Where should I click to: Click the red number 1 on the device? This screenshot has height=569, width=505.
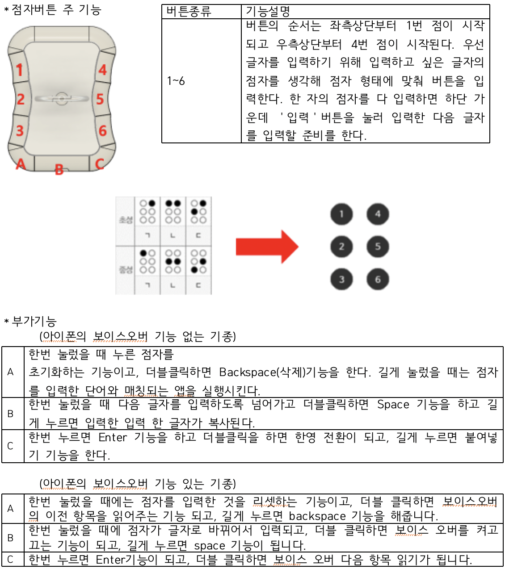click(x=19, y=70)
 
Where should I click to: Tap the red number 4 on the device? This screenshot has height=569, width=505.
click(x=103, y=70)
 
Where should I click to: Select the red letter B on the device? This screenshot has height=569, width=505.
click(x=59, y=169)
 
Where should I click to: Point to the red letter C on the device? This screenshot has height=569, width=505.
click(x=99, y=164)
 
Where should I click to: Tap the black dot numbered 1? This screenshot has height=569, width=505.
click(x=341, y=214)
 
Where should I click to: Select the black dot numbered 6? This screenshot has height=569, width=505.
click(x=378, y=280)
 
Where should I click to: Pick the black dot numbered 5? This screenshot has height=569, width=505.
click(x=378, y=247)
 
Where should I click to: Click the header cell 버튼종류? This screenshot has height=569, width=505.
click(x=189, y=11)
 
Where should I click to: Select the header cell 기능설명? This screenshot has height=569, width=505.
click(x=268, y=12)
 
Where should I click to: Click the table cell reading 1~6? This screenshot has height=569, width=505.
click(x=176, y=81)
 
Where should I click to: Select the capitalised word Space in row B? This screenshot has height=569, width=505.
click(x=393, y=404)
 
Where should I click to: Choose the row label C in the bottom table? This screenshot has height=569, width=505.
click(x=10, y=560)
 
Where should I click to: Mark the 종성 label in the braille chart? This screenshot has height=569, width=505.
click(x=125, y=270)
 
